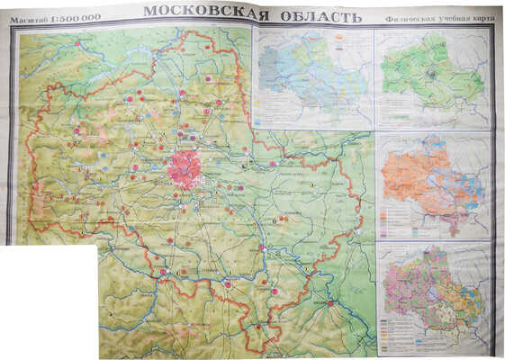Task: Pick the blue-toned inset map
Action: (315, 76)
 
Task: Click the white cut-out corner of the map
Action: (45, 301)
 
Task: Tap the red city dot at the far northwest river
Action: (77, 43)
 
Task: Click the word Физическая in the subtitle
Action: (404, 18)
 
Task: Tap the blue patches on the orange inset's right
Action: (472, 180)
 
